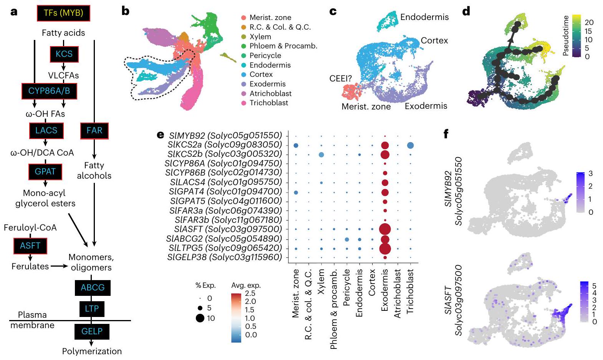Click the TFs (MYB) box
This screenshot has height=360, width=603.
pos(63,13)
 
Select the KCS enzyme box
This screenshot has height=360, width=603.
pos(64,54)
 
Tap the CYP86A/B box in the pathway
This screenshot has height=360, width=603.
pos(49,91)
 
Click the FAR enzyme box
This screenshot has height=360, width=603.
pos(94,131)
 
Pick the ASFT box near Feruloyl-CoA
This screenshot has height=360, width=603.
pos(30,246)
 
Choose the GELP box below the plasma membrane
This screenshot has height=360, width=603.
pos(92,331)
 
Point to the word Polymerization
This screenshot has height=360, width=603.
pos(92,351)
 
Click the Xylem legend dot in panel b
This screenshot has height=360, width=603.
pos(244,36)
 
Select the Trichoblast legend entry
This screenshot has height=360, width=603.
pos(268,103)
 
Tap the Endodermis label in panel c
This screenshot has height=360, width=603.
pos(424,17)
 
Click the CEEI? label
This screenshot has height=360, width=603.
pos(341,78)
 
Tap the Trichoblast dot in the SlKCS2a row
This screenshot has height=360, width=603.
pos(410,145)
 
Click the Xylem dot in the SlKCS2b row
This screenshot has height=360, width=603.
pos(321,154)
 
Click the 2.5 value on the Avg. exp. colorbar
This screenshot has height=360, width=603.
pos(250,294)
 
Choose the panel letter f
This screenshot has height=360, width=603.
pos(446,134)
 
